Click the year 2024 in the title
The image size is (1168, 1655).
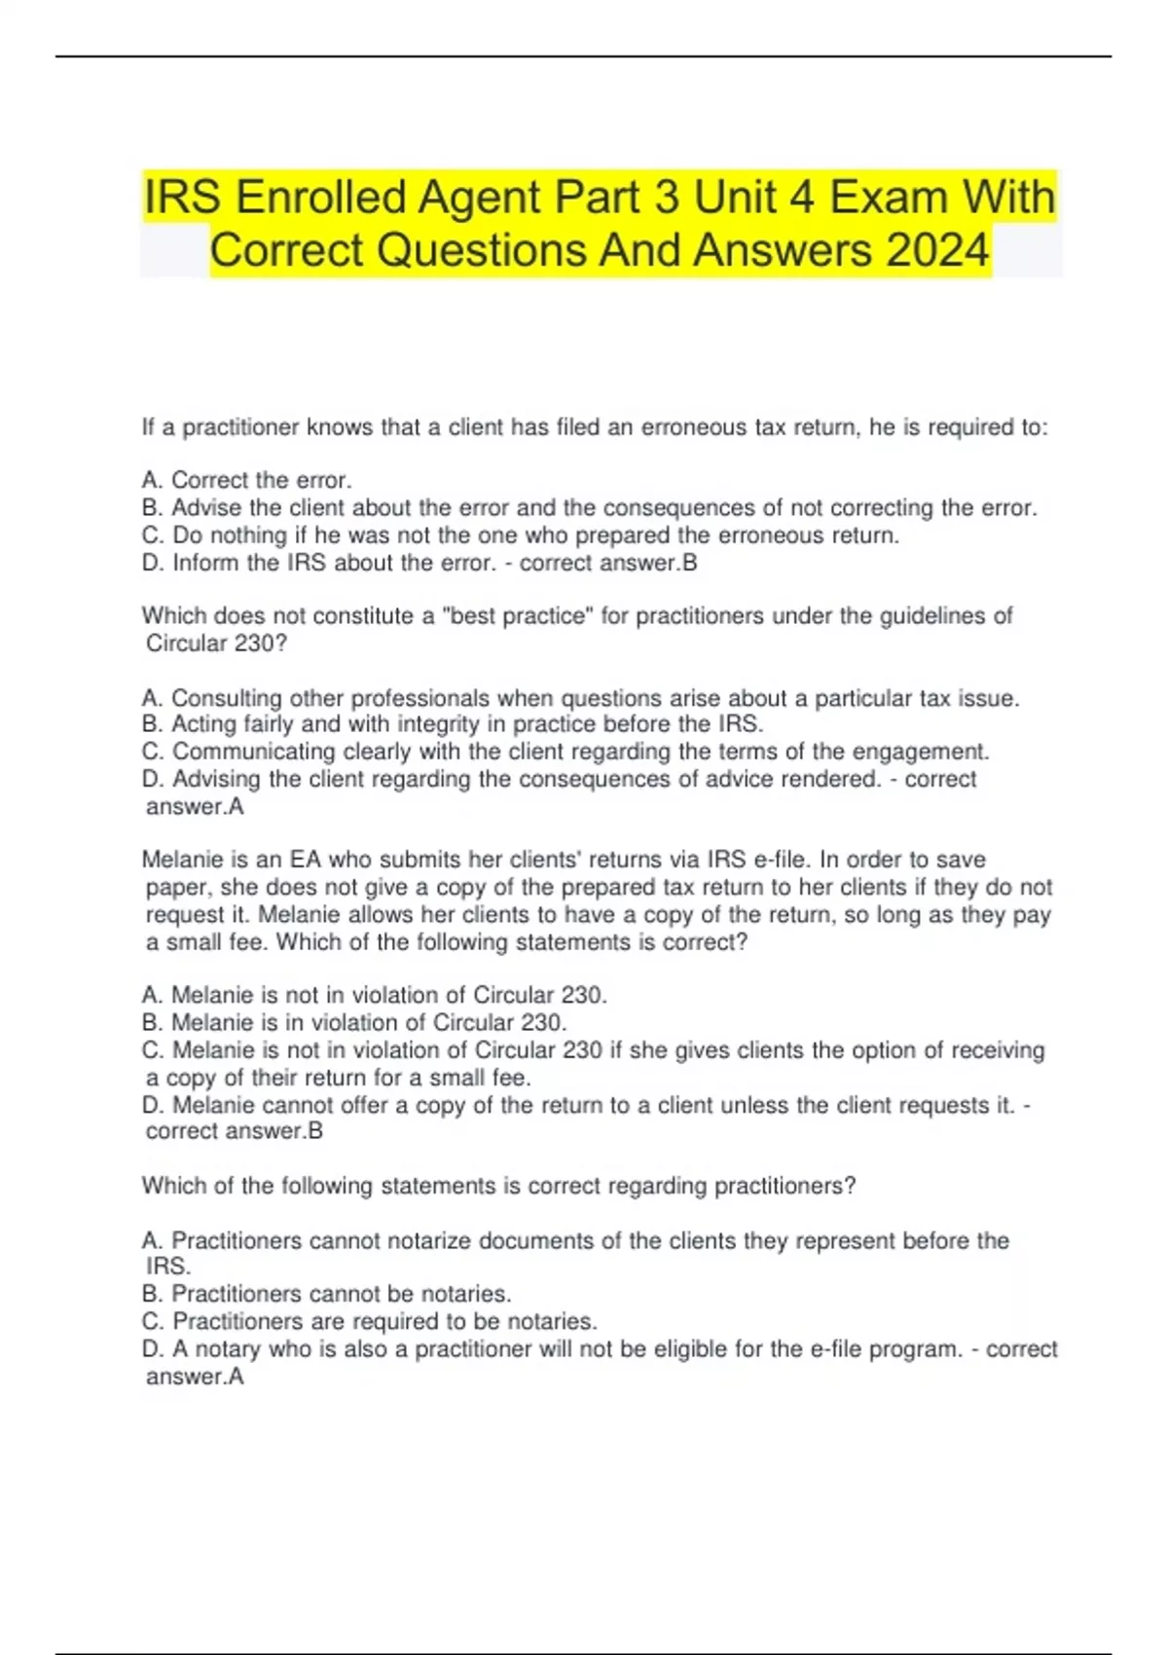(937, 250)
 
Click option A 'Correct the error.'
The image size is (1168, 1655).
(247, 480)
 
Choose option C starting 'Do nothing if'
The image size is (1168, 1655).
(521, 534)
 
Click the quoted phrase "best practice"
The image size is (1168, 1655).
(518, 615)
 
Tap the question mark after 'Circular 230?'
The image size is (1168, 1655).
(281, 643)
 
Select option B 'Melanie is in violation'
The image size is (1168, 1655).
(354, 1022)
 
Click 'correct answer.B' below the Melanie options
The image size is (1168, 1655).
(234, 1131)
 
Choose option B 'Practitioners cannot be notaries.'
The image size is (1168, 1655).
(326, 1294)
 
